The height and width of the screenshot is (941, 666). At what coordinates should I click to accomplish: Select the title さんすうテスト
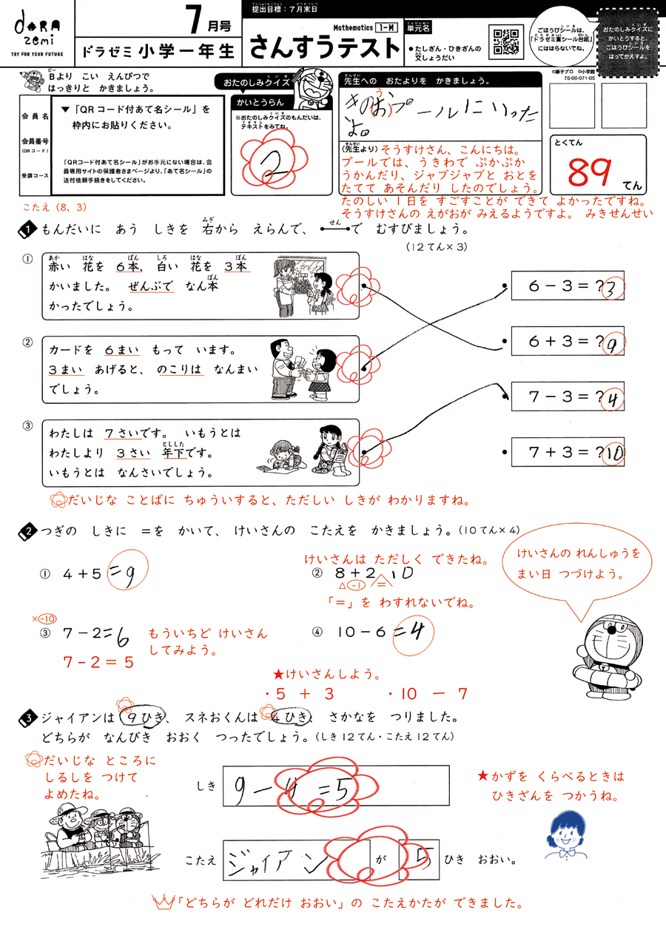point(324,47)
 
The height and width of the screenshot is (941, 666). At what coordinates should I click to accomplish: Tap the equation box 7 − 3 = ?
point(567,396)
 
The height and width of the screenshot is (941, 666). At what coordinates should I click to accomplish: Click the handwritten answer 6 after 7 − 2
point(122,636)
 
